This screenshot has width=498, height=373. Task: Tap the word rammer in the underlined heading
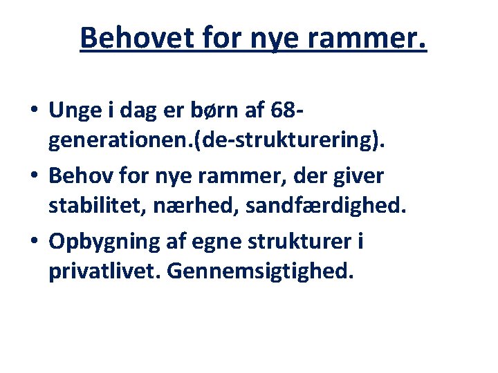[363, 37]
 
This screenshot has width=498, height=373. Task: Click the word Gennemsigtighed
[260, 272]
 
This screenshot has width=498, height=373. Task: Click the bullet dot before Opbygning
[34, 242]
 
